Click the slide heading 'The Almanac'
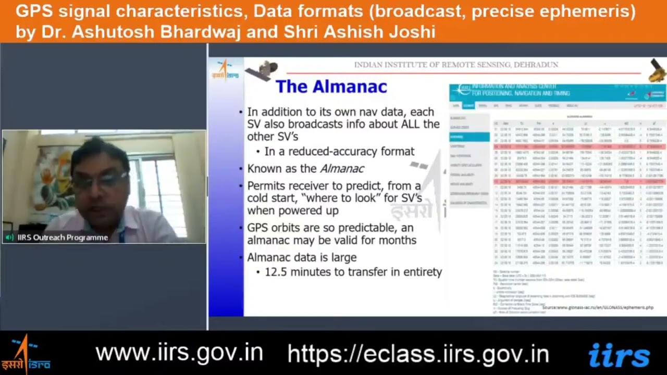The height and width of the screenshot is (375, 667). tap(331, 86)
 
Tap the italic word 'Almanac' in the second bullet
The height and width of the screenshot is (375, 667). tap(342, 169)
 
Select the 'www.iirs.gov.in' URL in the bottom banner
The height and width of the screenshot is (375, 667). tap(179, 353)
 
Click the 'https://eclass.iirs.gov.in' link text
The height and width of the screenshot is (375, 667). tap(418, 354)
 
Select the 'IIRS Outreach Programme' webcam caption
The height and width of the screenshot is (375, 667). tap(63, 238)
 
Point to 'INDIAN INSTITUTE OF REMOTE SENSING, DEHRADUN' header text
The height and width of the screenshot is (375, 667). tap(456, 65)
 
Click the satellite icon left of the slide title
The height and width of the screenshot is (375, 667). tap(262, 71)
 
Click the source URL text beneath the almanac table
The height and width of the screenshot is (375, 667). tap(597, 308)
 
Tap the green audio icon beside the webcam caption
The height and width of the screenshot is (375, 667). tap(9, 238)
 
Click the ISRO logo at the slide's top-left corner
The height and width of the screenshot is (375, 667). tap(225, 70)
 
